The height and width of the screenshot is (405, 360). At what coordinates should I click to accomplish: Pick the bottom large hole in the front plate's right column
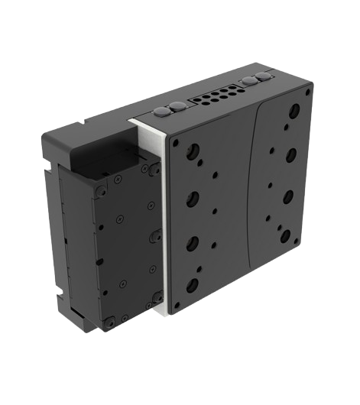(286, 235)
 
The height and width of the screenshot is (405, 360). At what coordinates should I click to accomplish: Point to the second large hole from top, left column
(191, 194)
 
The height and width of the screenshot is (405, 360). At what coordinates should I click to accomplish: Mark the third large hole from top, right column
(289, 196)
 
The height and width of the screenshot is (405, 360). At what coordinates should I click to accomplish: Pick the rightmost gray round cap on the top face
(265, 77)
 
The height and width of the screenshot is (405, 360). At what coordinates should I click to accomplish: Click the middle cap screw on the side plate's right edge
(153, 231)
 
